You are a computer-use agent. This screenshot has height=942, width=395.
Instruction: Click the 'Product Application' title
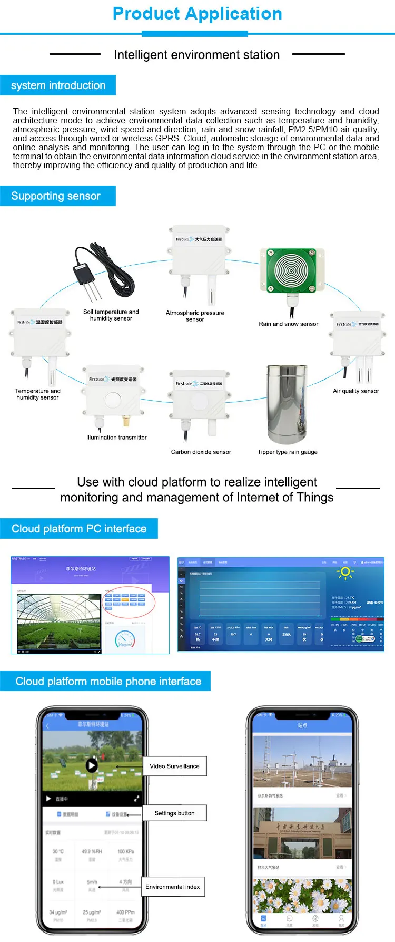point(197,14)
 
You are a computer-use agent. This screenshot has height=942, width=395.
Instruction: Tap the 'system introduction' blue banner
point(58,85)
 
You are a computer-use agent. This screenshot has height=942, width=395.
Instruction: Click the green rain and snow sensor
point(291,270)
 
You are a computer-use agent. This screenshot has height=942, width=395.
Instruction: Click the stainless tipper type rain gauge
point(287,404)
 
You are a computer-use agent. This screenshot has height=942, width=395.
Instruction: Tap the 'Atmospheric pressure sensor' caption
point(195,316)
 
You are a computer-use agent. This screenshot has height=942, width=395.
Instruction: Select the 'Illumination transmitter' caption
point(116,438)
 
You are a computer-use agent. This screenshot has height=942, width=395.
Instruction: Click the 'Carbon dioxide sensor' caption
point(201,452)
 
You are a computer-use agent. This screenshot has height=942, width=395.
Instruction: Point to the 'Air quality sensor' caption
point(355,391)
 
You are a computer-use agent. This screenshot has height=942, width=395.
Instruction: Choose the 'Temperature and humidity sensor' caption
point(37,394)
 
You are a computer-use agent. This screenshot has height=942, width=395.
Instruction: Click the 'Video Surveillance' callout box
point(174,766)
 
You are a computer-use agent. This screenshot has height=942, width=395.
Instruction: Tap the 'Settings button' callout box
point(174,813)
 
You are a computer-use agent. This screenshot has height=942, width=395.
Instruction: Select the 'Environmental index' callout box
point(172,887)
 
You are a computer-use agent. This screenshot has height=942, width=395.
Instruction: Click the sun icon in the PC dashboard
point(345,572)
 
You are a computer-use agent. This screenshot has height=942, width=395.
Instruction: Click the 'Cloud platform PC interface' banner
point(79,529)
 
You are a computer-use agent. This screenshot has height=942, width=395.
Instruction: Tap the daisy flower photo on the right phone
point(302,896)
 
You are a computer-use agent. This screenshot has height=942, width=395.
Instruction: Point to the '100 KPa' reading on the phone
point(125,851)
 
